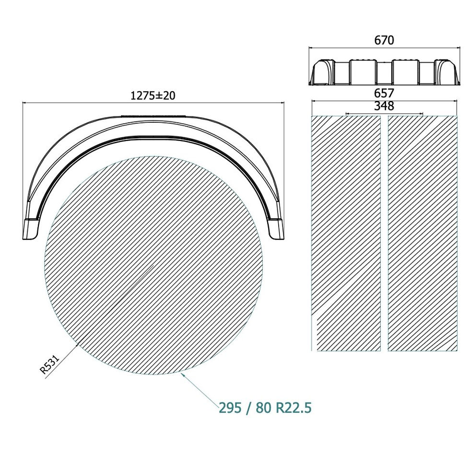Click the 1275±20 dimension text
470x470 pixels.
coord(153,95)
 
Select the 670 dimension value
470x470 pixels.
coord(384,40)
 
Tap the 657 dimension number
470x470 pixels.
coord(384,93)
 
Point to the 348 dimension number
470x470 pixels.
coord(384,106)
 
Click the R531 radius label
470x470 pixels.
coord(50,364)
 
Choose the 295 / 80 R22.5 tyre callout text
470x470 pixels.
coord(265,408)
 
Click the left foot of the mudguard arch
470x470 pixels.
coord(31,229)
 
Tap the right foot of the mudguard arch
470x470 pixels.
coord(276,229)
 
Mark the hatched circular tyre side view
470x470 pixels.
coord(153,265)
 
